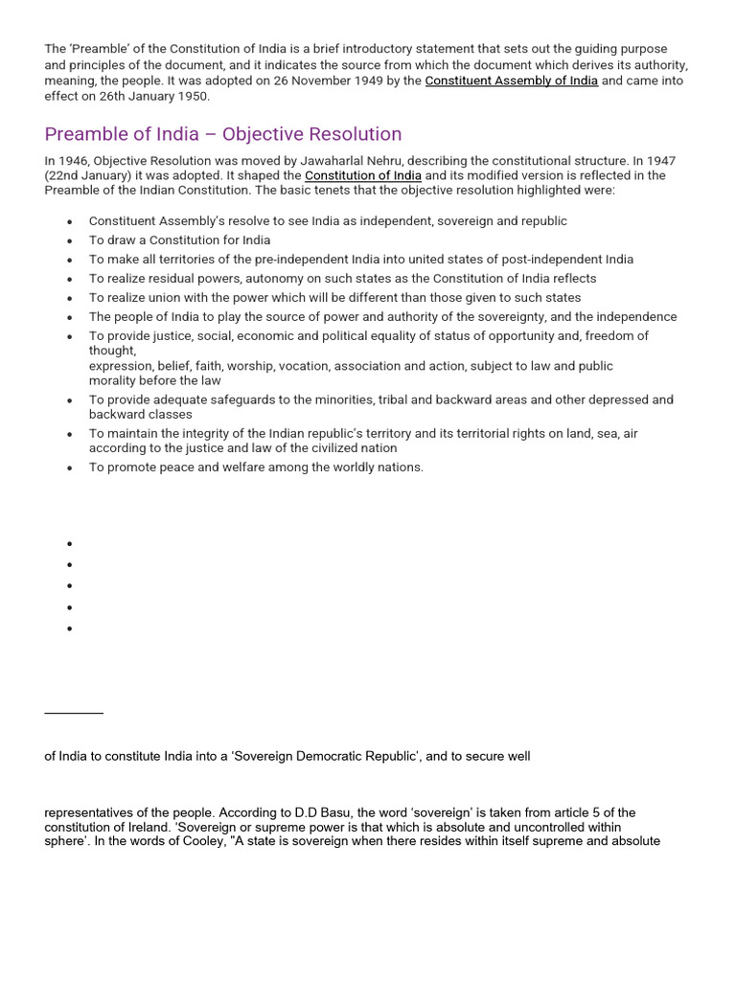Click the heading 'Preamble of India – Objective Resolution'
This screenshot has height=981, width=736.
222,134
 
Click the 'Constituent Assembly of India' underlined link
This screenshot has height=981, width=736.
511,81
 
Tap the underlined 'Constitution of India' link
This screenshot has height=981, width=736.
362,176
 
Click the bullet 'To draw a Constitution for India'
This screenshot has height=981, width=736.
179,240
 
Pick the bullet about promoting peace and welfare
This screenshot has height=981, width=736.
256,468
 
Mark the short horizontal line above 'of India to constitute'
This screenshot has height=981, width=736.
74,713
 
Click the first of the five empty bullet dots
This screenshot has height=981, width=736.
70,543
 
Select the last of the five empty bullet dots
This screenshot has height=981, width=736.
70,629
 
